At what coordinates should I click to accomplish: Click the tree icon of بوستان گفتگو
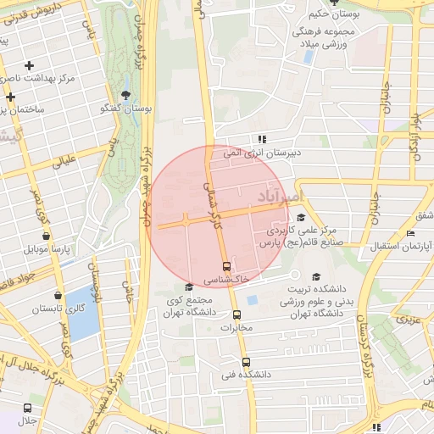coord(126,94)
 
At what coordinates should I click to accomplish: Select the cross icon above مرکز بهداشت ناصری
coord(30,65)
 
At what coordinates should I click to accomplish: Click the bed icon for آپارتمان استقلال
coord(411,233)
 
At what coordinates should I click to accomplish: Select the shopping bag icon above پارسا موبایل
coord(46,236)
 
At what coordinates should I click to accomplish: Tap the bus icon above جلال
coord(28,408)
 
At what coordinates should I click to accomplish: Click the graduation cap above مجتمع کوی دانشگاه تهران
coord(188,287)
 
